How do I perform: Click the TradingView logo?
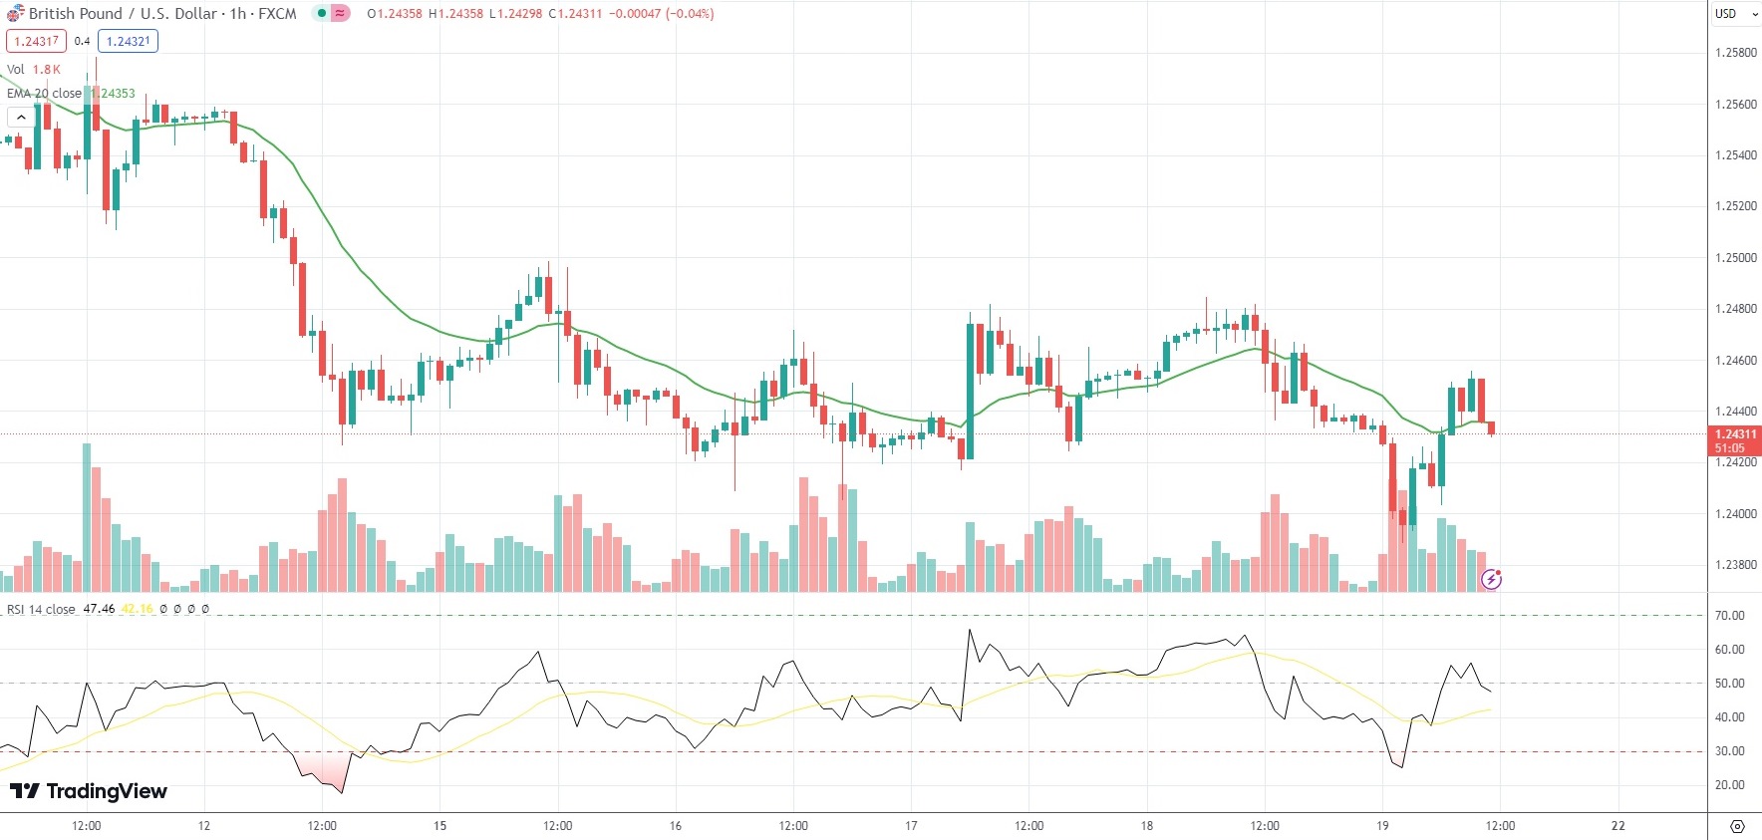point(89,791)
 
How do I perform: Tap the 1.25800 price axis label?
point(1735,53)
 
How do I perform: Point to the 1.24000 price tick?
point(1735,514)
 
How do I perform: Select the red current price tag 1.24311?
point(1734,434)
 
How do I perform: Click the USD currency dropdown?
point(1735,14)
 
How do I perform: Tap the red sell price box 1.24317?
point(36,41)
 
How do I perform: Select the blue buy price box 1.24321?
point(128,41)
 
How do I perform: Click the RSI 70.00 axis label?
point(1729,616)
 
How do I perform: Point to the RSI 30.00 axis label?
point(1729,751)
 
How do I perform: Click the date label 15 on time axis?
point(440,825)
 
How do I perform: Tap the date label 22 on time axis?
point(1618,825)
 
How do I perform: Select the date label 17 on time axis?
point(911,825)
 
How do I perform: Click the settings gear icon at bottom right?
point(1737,826)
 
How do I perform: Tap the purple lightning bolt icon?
point(1491,579)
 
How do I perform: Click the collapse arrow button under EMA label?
point(21,118)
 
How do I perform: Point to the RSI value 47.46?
point(99,609)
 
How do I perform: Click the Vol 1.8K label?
point(34,70)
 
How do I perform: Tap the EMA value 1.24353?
point(117,94)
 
